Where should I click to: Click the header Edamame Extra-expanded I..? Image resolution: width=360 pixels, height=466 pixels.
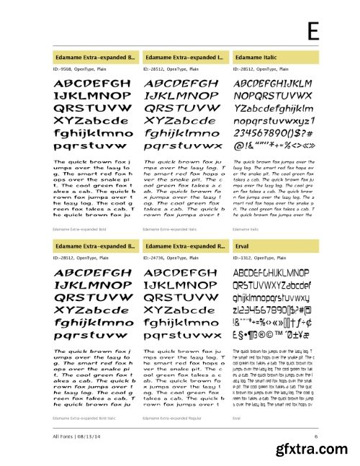click(x=184, y=55)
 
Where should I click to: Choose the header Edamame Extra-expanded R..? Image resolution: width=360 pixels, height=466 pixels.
click(x=184, y=246)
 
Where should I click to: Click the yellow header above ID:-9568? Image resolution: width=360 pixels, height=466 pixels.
click(x=94, y=55)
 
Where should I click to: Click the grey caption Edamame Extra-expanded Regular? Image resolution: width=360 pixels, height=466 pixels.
click(x=174, y=418)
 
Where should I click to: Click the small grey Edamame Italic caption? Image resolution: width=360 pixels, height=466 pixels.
click(x=246, y=228)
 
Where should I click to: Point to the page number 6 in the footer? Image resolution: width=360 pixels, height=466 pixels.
click(x=315, y=436)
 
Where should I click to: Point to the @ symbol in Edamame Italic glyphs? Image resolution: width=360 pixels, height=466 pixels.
click(x=237, y=145)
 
